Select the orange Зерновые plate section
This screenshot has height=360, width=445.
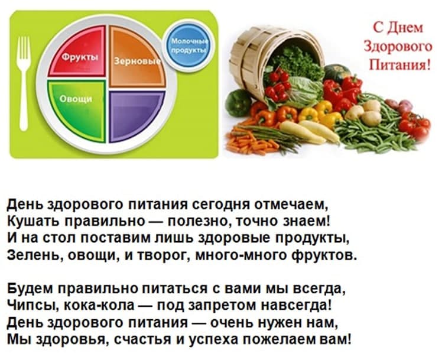[137, 57]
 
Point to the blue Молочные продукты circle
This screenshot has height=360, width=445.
[189, 46]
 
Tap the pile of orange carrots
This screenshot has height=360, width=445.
[250, 141]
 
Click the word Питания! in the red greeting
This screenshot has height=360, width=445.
[399, 64]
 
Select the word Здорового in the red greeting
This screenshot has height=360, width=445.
[398, 47]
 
